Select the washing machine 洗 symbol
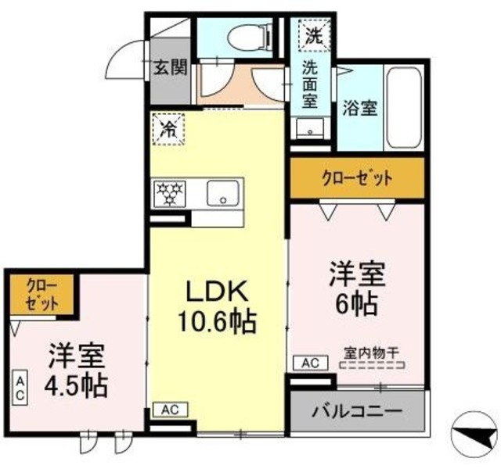(313, 34)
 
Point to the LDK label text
(217, 291)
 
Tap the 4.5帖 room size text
(76, 384)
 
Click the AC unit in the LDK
(170, 409)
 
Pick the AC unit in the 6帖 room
(309, 363)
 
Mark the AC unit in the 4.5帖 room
(20, 389)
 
